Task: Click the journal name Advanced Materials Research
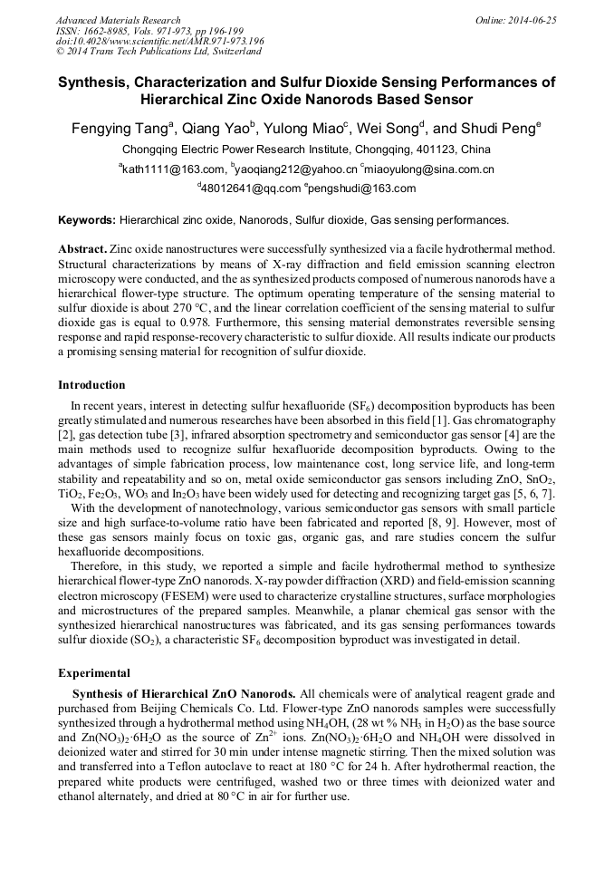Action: click(118, 20)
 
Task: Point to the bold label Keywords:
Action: click(87, 219)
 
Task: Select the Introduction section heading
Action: click(91, 385)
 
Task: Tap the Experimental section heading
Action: click(94, 673)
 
